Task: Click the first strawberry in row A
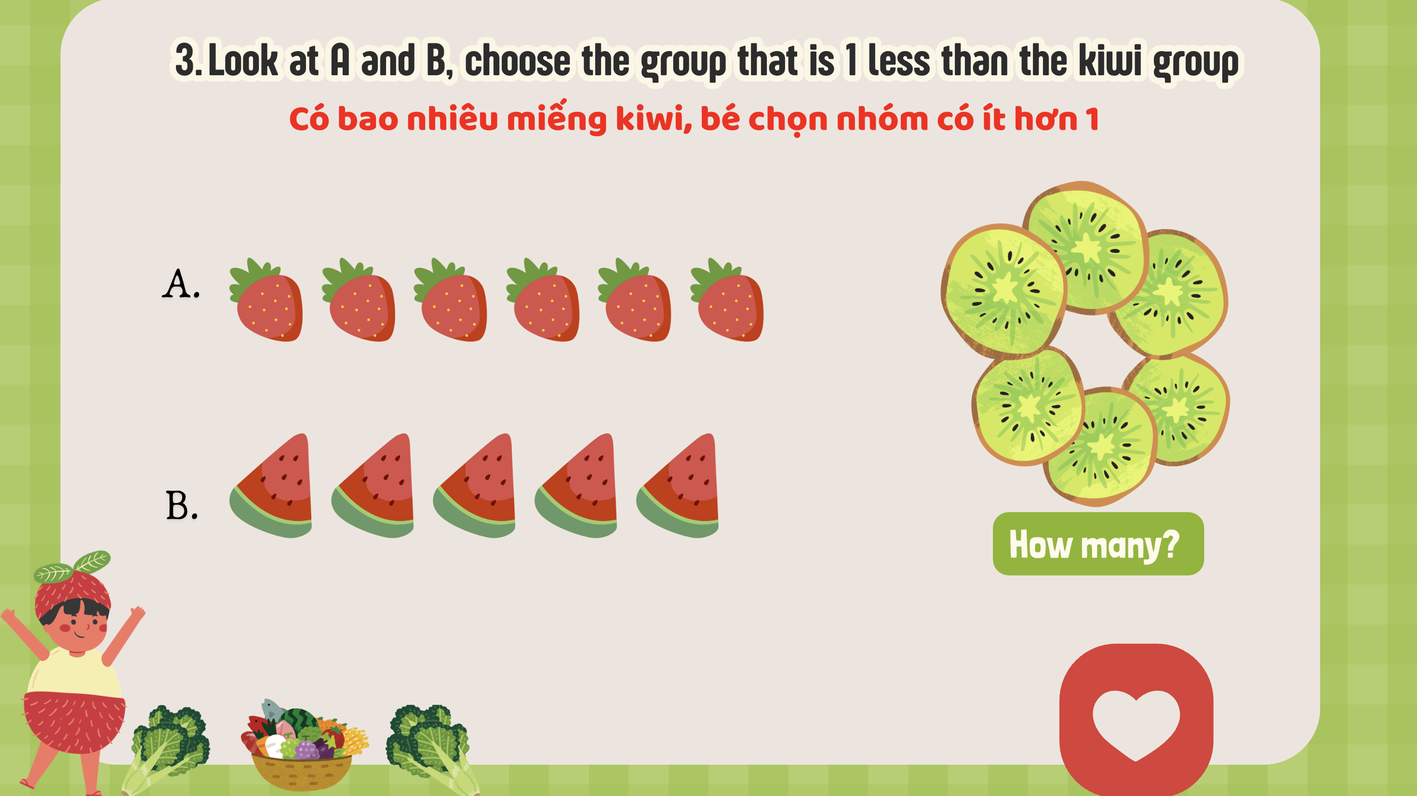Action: tap(266, 300)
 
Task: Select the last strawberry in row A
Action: tap(727, 300)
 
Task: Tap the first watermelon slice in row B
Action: tap(271, 485)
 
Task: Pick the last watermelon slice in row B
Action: tap(678, 485)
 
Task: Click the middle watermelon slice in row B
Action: tap(474, 485)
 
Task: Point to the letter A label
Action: tap(180, 285)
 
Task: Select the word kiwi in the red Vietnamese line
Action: tap(653, 118)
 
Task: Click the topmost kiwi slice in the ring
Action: tap(1086, 247)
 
